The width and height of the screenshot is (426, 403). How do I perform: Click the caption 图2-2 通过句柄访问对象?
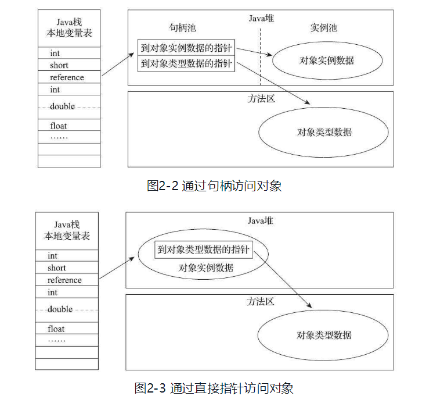pyautogui.click(x=214, y=186)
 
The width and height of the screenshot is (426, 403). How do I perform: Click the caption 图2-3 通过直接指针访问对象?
pyautogui.click(x=214, y=388)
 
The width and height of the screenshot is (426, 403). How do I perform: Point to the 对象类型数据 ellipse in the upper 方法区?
pyautogui.click(x=324, y=131)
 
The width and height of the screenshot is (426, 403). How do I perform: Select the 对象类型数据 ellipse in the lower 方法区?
pyautogui.click(x=324, y=335)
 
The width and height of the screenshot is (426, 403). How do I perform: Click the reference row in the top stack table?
pyautogui.click(x=69, y=77)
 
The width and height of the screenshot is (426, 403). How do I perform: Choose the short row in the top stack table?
pyautogui.click(x=69, y=65)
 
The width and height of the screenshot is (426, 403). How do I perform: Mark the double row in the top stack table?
pyautogui.click(x=69, y=106)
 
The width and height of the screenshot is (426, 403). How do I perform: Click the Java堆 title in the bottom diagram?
pyautogui.click(x=260, y=220)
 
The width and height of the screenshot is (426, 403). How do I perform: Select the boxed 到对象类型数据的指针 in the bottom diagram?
pyautogui.click(x=203, y=251)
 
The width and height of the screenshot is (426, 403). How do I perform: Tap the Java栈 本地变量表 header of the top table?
pyautogui.click(x=68, y=28)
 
